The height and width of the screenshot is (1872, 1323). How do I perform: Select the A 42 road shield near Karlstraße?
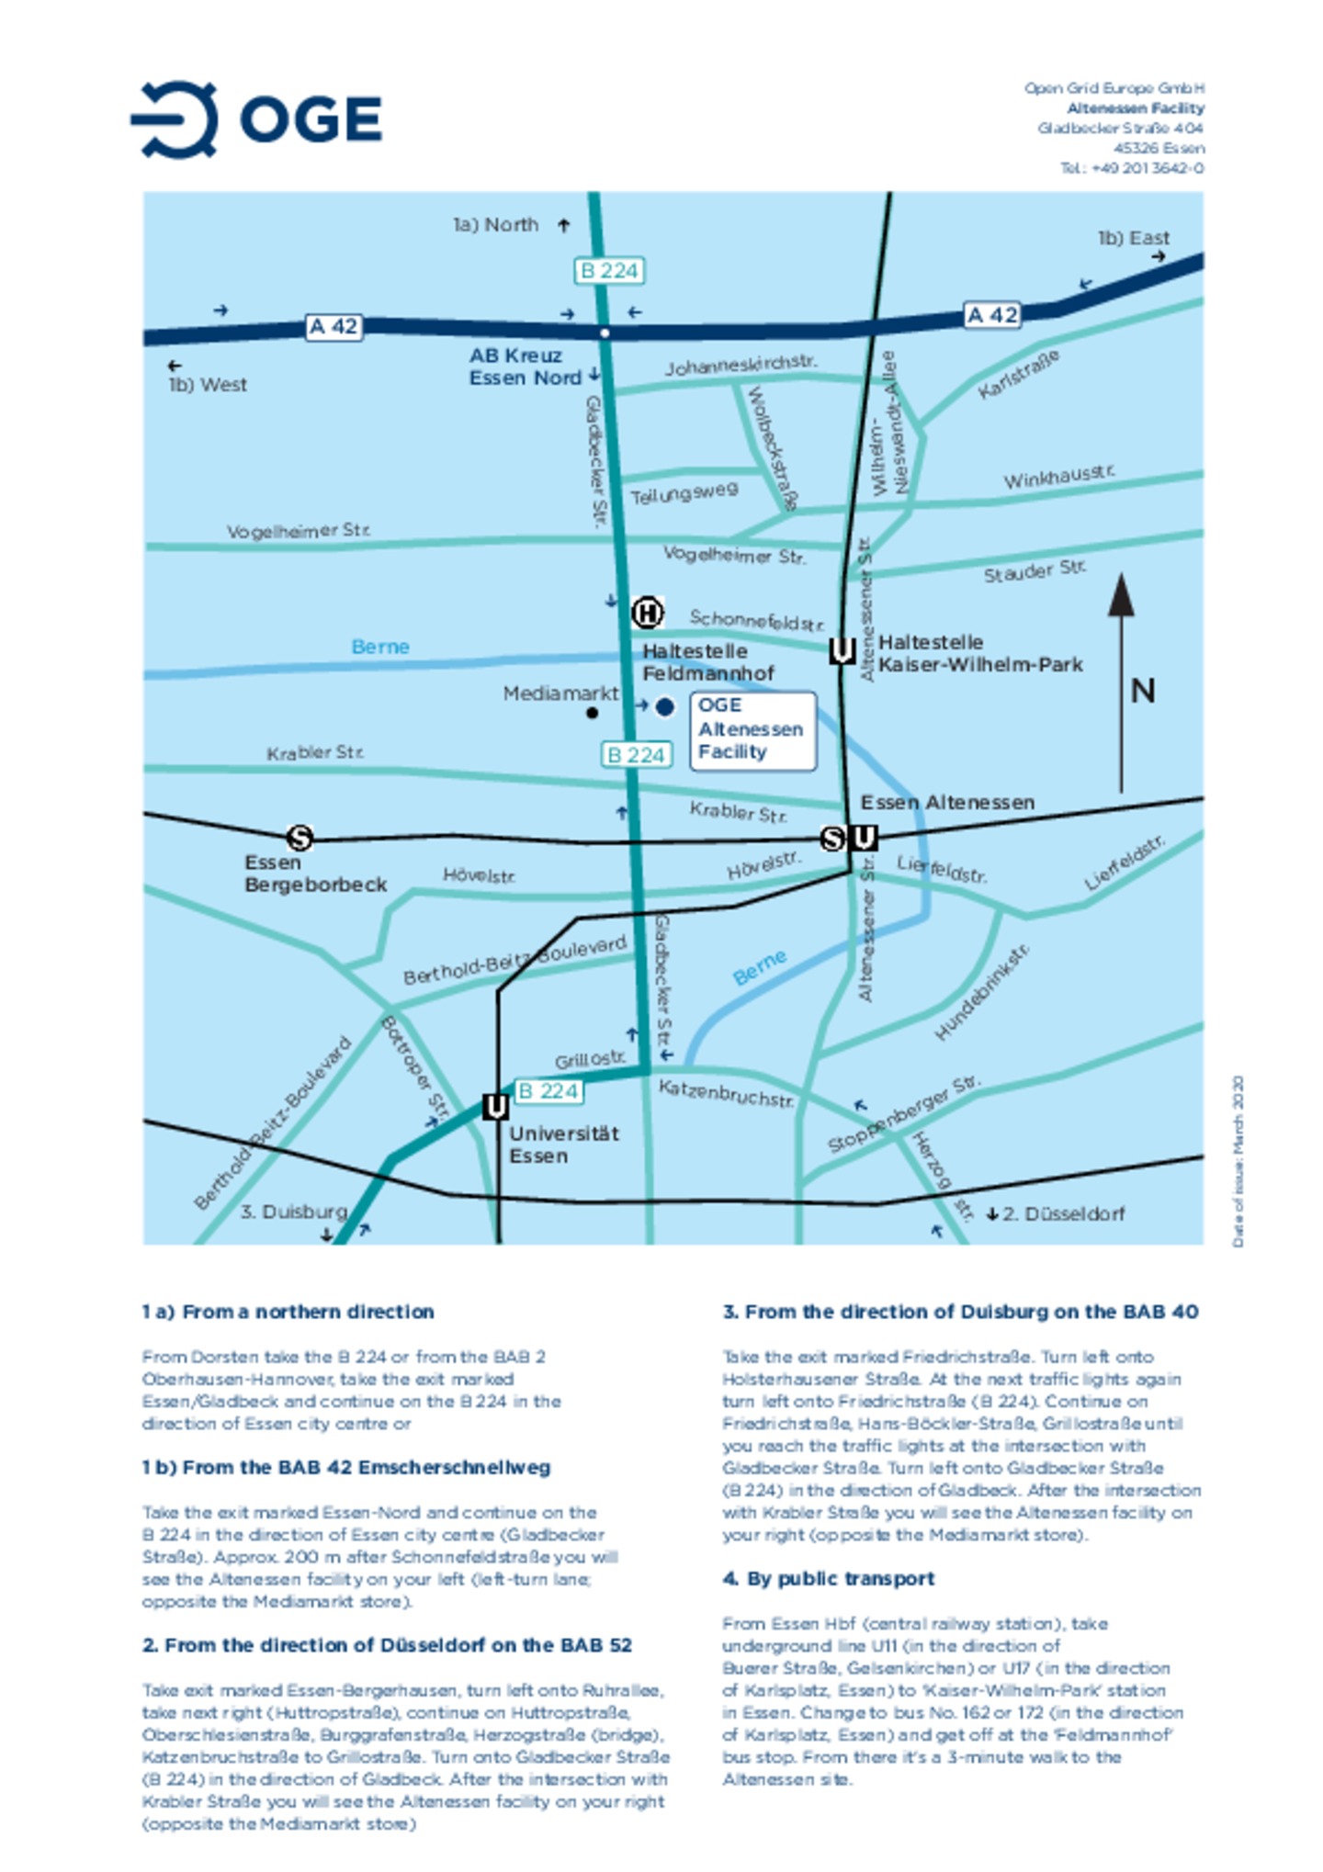[991, 315]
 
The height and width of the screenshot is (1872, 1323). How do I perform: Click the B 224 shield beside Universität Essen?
[548, 1090]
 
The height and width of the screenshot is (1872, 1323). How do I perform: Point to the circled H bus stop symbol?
[647, 613]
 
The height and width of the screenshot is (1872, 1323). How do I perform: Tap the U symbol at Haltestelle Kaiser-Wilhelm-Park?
[842, 650]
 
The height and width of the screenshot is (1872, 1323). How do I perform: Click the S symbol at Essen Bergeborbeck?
[300, 838]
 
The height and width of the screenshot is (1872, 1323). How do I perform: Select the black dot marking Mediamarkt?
[592, 713]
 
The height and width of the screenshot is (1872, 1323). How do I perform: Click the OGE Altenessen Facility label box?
[752, 729]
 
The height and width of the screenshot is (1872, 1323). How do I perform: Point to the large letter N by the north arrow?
[1142, 691]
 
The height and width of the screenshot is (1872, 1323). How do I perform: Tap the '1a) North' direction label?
[496, 225]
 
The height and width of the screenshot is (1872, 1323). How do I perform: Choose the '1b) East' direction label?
[1133, 238]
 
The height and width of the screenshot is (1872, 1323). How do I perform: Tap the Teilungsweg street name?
[684, 493]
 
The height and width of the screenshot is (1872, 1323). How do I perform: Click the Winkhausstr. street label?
[1058, 477]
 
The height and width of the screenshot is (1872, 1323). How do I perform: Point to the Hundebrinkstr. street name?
[981, 992]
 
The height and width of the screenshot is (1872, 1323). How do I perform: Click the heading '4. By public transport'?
[828, 1578]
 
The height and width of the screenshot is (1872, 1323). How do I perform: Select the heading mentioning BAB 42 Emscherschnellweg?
[346, 1467]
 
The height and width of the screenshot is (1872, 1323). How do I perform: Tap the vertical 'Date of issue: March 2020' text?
[1238, 1161]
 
